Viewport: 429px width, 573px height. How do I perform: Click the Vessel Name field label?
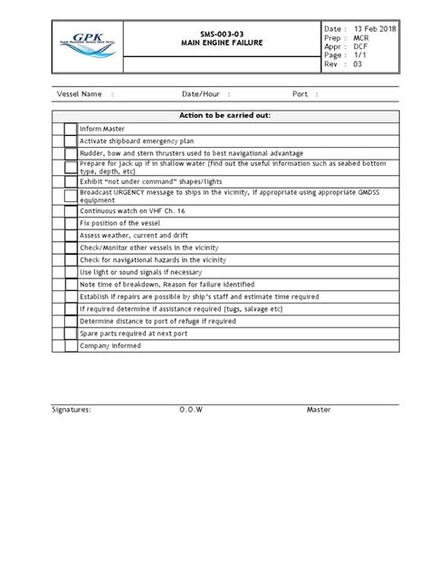click(x=80, y=94)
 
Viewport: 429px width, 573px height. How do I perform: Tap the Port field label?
click(x=300, y=94)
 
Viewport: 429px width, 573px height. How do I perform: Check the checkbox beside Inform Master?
click(x=70, y=130)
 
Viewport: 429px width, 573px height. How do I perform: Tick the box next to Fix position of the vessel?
click(x=70, y=222)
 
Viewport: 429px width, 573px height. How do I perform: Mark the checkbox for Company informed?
click(x=70, y=345)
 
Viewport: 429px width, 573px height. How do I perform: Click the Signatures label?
click(x=71, y=410)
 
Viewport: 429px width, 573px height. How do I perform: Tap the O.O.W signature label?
click(x=192, y=410)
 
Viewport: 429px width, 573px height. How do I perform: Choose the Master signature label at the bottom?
click(x=319, y=410)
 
